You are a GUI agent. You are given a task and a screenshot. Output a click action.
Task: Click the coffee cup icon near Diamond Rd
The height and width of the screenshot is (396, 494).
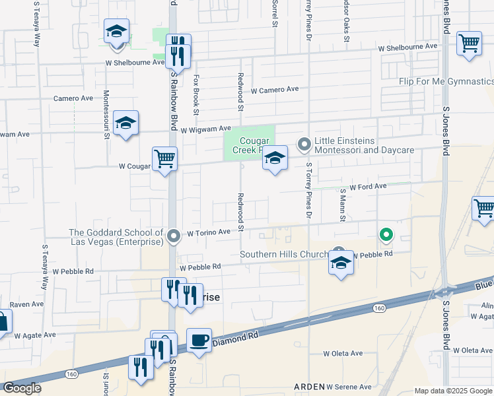tap(199, 341)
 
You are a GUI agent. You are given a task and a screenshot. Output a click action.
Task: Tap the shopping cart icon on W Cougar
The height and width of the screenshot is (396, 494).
tap(164, 158)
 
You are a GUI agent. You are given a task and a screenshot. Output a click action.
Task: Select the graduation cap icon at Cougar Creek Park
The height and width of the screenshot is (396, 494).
tap(275, 158)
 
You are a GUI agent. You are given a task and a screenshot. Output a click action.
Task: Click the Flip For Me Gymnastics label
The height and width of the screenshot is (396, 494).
tap(446, 81)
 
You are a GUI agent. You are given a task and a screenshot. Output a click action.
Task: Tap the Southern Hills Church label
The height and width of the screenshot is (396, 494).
tap(284, 254)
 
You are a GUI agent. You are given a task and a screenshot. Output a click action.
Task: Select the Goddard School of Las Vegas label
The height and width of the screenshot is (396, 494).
tap(116, 237)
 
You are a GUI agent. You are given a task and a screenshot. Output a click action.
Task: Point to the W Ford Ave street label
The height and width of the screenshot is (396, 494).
tap(368, 187)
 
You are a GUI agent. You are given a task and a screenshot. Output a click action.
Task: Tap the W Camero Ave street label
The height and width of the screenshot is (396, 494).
tap(275, 89)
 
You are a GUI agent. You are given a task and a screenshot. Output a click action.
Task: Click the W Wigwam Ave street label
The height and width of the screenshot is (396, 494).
tap(205, 129)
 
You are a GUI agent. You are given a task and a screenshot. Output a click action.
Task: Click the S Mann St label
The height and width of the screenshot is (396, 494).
tap(343, 204)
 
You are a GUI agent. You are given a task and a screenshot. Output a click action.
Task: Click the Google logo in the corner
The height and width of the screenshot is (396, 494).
tap(22, 388)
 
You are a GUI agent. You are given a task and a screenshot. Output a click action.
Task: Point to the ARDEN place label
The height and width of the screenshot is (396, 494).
tap(309, 386)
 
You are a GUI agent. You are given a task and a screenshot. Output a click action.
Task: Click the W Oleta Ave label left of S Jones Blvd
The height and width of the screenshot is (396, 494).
tap(343, 353)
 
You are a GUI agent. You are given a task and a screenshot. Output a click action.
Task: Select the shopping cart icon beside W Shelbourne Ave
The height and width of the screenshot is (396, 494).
tap(468, 44)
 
